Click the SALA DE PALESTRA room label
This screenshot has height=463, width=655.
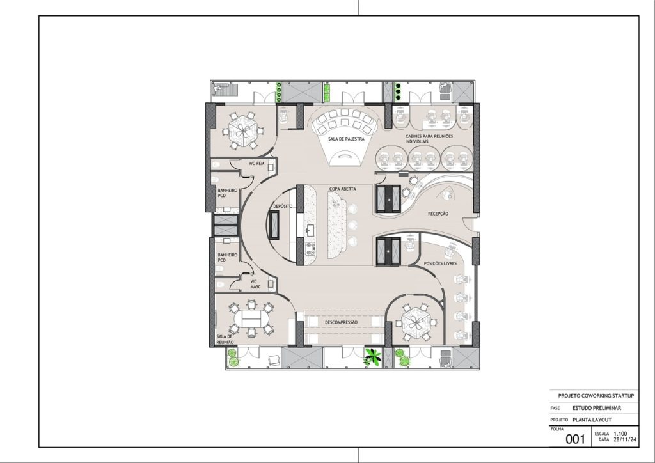pos(346,139)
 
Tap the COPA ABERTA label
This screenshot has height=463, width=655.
pos(343,189)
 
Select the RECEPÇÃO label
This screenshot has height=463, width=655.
pos(438,214)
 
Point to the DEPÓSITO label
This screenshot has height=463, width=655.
pos(283,207)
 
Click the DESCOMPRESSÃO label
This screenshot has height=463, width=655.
pos(342,323)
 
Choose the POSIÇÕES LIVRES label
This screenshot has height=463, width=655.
pos(440,264)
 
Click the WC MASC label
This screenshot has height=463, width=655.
pos(255,285)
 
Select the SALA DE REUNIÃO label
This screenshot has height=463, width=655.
pos(225,340)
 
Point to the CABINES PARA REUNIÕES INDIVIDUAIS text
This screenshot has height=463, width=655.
pos(429,139)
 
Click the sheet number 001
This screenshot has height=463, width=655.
pos(575,439)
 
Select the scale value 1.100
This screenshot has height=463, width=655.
pos(620,434)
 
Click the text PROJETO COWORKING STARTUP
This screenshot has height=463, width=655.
pos(596,396)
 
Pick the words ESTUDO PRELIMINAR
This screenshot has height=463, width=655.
pos(597,408)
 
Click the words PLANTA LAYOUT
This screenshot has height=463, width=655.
pos(592,420)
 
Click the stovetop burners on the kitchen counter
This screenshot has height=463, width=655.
pos(311,248)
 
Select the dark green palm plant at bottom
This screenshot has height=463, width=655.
pos(372,357)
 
